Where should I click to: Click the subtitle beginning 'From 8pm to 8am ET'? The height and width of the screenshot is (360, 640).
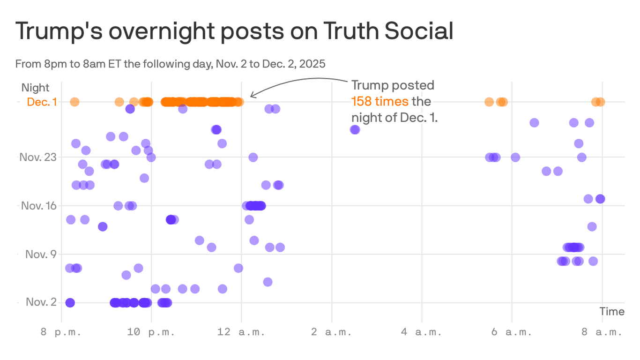(170, 64)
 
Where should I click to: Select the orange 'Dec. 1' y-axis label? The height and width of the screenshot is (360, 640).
(42, 102)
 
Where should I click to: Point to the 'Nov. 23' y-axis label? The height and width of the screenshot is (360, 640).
(37, 157)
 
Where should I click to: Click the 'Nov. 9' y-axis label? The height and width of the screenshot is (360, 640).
(41, 254)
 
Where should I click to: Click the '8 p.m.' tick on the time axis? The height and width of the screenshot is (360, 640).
(61, 332)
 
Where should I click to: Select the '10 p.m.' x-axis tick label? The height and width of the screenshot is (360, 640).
(151, 332)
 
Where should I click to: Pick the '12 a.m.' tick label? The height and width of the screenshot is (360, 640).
(241, 332)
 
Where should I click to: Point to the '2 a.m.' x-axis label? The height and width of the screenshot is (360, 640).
(331, 332)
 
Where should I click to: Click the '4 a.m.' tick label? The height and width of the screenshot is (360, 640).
(421, 332)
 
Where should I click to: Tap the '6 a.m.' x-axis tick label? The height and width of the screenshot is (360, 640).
(511, 332)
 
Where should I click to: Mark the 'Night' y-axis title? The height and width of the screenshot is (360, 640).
(35, 88)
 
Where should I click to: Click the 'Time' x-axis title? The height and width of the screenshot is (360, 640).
(612, 312)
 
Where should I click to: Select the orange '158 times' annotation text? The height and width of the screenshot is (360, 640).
(380, 101)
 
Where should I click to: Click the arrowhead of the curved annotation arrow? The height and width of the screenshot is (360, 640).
(253, 96)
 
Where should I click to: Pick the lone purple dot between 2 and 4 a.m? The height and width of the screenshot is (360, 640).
(355, 130)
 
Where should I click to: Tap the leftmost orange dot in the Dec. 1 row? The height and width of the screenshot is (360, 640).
(74, 102)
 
